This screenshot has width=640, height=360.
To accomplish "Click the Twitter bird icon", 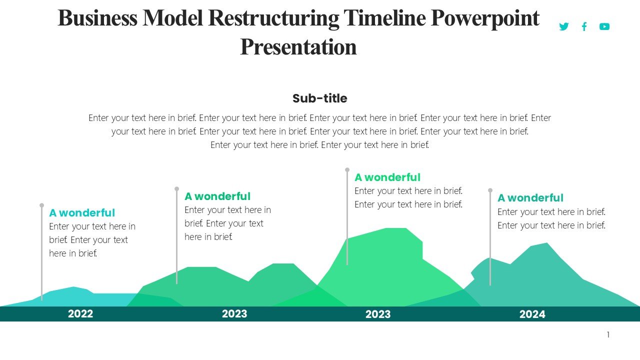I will pos(563,26).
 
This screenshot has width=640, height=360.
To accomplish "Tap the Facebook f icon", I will pos(584,26).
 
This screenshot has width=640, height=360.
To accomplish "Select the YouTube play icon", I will pos(604,26).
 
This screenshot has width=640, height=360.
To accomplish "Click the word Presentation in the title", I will pos(298,47).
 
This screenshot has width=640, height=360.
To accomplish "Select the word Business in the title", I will pos(97,18).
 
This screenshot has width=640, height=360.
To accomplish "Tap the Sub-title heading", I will pos(319,98).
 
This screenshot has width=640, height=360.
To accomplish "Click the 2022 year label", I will pos(80,314).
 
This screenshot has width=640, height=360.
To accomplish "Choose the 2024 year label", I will pos(532,314).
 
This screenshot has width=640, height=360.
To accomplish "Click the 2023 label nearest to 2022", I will pos(234,314).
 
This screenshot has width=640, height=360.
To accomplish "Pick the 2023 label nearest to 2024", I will pos(378,314).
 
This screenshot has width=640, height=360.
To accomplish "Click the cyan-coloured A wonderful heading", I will pos(82,213).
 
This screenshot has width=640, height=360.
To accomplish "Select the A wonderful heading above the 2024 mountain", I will pos(530,198).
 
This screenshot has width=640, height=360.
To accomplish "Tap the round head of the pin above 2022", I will pos(41,205).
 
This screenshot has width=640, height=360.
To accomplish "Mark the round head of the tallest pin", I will pos(347,170).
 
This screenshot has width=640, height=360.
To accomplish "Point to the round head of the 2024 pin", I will pos(490,190).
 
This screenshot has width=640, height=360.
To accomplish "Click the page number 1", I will pos(608,335).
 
